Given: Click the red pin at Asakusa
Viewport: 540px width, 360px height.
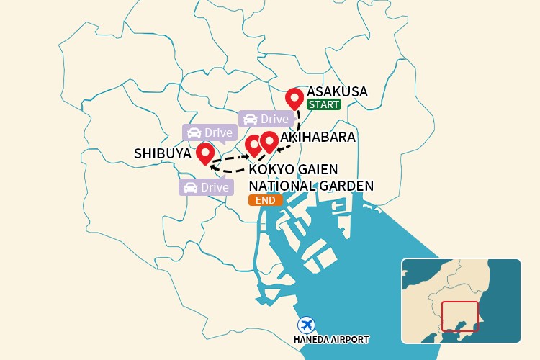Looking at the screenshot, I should tap(294, 98).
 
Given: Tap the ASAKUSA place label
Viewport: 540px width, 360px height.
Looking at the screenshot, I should tap(337, 91).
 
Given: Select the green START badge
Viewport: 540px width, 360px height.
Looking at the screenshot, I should tap(323, 104).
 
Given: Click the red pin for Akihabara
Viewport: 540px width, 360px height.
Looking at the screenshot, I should tap(269, 141).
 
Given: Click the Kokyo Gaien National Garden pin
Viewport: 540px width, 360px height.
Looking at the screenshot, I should tap(253, 145).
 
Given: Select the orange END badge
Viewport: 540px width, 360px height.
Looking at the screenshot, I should tap(265, 200).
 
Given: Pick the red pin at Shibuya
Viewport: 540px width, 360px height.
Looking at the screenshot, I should tap(205, 153).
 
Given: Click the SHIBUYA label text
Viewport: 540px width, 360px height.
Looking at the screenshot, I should tap(163, 153).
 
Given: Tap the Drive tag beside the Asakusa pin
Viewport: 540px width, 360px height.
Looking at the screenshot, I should tap(264, 119).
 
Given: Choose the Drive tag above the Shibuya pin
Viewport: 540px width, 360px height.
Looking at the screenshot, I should tap(209, 132).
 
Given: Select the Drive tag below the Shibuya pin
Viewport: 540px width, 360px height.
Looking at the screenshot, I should tap(206, 187).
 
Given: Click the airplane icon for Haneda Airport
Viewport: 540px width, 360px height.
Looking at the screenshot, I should tap(306, 324).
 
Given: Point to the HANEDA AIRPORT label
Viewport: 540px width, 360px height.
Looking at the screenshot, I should tap(331, 339).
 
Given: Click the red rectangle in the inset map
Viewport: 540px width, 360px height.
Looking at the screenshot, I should tap(459, 316).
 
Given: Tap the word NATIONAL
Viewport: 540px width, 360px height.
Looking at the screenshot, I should tap(282, 186).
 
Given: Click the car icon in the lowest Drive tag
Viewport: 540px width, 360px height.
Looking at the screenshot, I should tap(191, 187).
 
